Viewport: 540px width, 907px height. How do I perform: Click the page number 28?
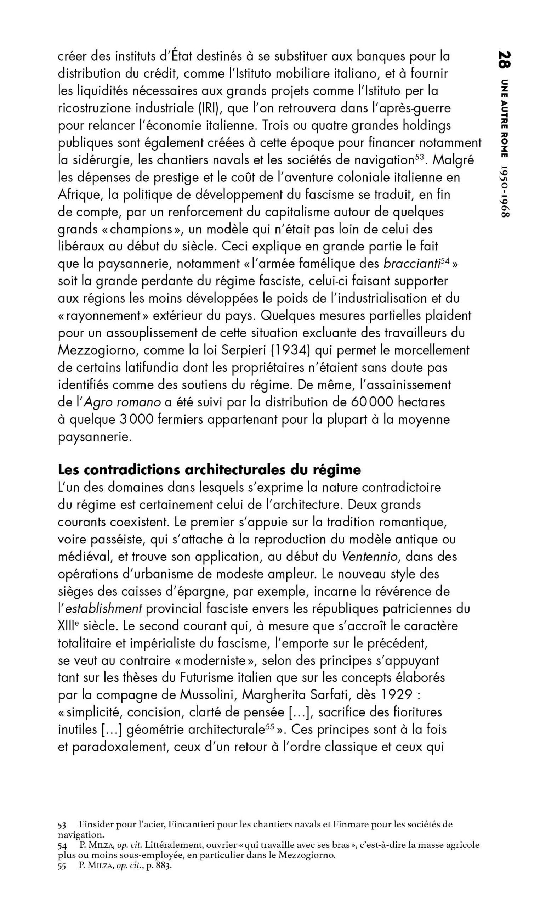pyautogui.click(x=505, y=60)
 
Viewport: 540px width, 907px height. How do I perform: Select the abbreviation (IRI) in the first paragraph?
pyautogui.click(x=209, y=108)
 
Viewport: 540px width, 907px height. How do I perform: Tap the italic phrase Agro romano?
pyautogui.click(x=122, y=402)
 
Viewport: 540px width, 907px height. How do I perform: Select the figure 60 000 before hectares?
pyautogui.click(x=372, y=402)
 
